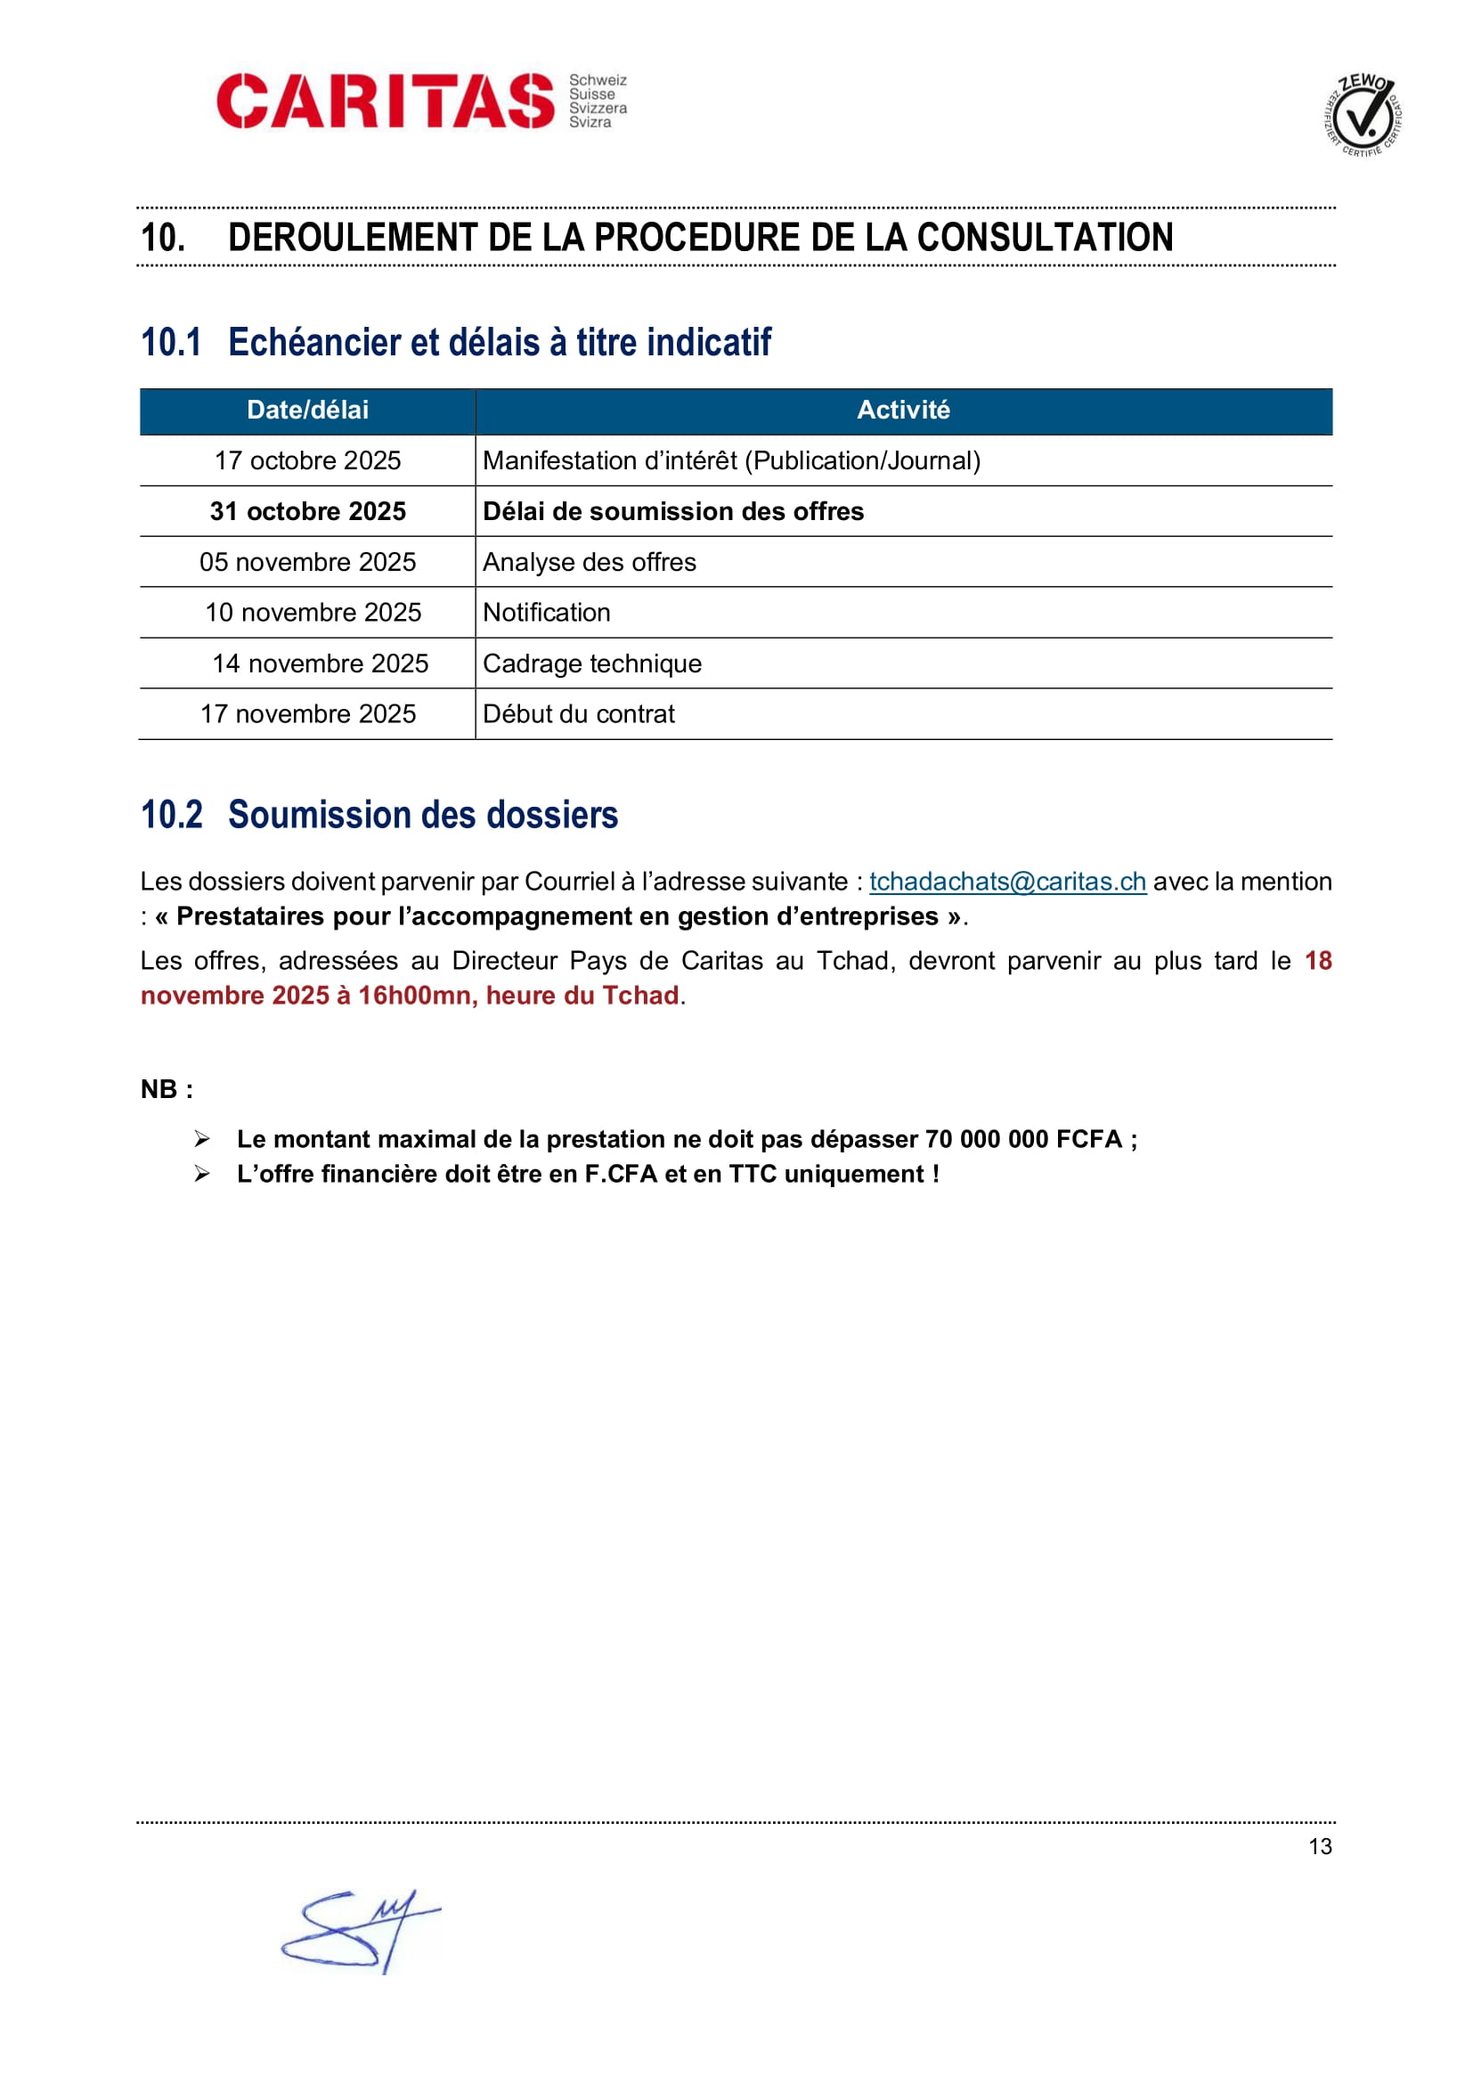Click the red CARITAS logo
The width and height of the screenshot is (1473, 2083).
click(385, 101)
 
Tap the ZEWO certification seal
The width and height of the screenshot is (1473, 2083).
click(1363, 115)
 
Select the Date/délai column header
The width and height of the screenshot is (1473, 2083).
click(307, 410)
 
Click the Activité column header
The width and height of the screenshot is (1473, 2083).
click(902, 410)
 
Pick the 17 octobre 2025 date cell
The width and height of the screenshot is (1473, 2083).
click(307, 461)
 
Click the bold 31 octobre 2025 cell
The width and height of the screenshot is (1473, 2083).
click(307, 512)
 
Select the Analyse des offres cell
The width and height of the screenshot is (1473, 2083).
click(590, 563)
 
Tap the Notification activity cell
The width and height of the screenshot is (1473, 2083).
click(546, 613)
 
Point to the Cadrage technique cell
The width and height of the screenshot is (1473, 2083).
click(592, 664)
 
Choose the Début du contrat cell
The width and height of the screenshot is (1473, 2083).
click(579, 714)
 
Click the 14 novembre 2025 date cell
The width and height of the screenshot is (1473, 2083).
click(321, 664)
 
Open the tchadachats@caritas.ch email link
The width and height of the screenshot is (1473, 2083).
click(1007, 882)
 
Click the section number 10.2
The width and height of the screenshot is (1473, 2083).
click(171, 815)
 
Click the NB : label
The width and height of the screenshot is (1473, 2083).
click(167, 1088)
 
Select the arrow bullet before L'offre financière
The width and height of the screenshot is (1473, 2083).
click(202, 1174)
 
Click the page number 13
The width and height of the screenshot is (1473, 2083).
click(1320, 1846)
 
